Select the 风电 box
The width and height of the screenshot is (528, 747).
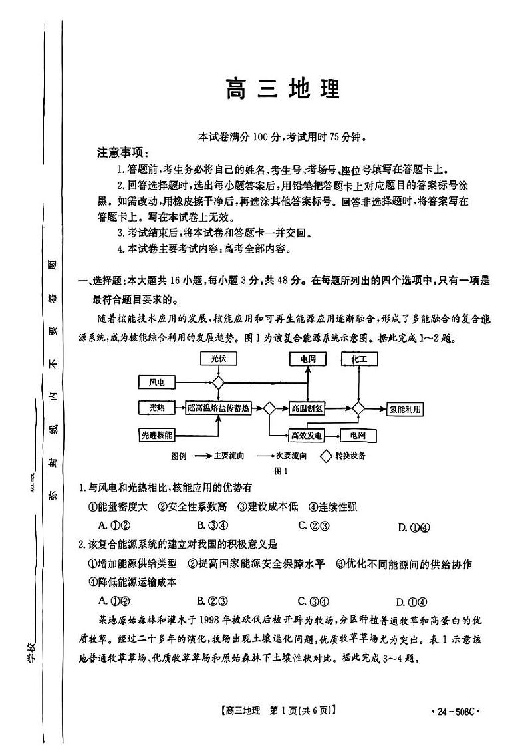(x=157, y=382)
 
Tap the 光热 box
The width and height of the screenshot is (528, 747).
(x=157, y=408)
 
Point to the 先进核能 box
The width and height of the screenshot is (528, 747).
(x=157, y=435)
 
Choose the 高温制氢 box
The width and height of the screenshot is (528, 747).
(x=307, y=408)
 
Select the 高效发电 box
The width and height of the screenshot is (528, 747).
(x=307, y=436)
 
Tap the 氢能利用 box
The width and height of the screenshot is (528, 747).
(x=406, y=408)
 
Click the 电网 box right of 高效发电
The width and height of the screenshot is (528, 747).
(x=358, y=436)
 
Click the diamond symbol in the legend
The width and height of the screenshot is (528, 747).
(x=327, y=456)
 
